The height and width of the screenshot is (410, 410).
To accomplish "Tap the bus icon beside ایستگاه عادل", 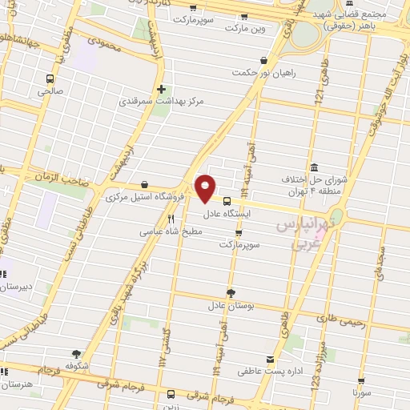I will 227,202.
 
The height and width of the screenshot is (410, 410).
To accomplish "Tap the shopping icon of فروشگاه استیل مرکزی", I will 144,184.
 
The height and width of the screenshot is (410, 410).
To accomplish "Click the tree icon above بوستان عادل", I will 231,293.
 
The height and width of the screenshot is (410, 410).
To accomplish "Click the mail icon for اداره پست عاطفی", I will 270,359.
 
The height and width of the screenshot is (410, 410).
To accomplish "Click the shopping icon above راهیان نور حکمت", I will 263,60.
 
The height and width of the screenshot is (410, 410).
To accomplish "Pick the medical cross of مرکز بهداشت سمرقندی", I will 162,89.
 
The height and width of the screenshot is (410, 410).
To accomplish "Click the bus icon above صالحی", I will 51,78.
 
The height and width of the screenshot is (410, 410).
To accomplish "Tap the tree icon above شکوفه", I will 76,353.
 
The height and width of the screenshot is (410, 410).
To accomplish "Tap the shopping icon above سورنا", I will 361,382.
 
